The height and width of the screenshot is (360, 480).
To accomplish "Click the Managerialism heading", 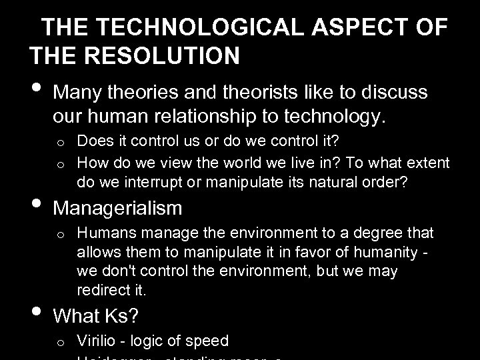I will click(117, 209).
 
